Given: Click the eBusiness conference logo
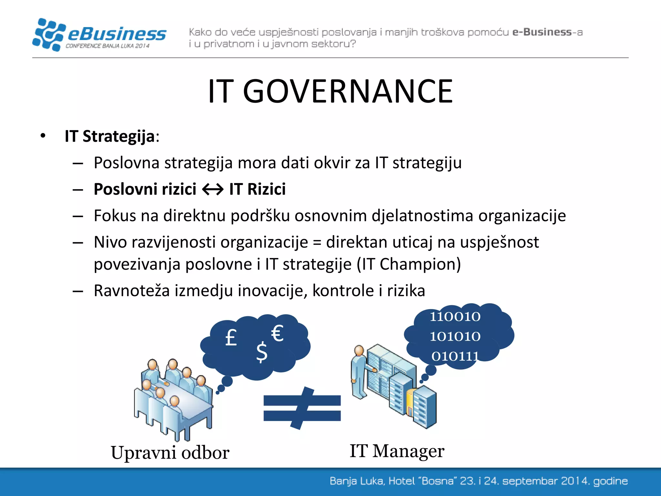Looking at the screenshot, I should point(99,35).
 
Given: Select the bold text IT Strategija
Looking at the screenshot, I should point(110,136).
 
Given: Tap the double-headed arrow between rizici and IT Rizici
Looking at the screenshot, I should point(213,190).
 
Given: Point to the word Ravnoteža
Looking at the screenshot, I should point(132,290).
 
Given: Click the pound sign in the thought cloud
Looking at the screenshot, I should point(231,338).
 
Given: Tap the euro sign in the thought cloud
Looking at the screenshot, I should point(277,333).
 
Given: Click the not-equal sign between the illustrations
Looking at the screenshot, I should point(302,408).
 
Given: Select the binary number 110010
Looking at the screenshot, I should point(455,316).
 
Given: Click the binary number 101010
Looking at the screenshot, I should point(455,336).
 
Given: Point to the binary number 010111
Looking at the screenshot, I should point(455,356).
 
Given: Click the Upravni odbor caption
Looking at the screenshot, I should point(170,452).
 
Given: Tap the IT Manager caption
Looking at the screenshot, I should point(397,451).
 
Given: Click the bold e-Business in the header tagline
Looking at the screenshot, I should point(542,32).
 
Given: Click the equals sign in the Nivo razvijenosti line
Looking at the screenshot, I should point(317,242).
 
